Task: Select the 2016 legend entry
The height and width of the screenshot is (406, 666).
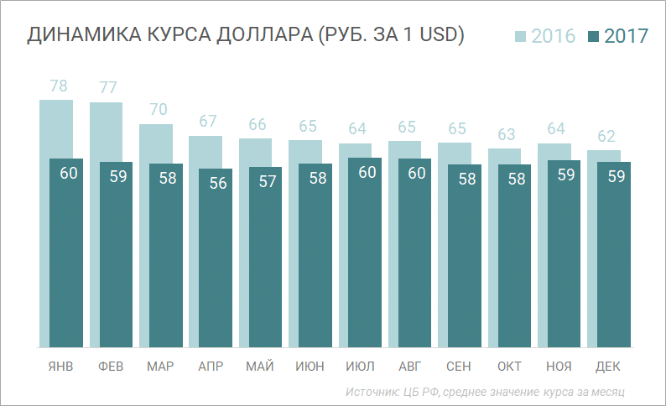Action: point(544,36)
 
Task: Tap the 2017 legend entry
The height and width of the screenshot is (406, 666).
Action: point(618,36)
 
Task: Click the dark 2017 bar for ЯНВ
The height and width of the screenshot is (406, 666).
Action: point(66,252)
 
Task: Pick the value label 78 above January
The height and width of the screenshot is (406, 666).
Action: point(59,86)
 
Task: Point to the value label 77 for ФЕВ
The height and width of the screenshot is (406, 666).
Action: point(108,87)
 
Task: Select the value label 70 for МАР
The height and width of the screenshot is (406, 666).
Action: point(159,109)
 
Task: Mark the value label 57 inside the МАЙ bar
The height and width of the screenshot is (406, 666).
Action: point(268,181)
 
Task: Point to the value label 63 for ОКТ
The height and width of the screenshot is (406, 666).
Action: point(507,134)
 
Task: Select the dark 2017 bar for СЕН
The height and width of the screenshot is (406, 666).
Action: point(465,255)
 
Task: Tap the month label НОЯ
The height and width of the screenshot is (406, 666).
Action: point(559,367)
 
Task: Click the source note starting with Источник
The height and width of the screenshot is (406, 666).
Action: point(486,392)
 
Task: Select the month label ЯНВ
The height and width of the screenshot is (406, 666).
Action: point(60,367)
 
